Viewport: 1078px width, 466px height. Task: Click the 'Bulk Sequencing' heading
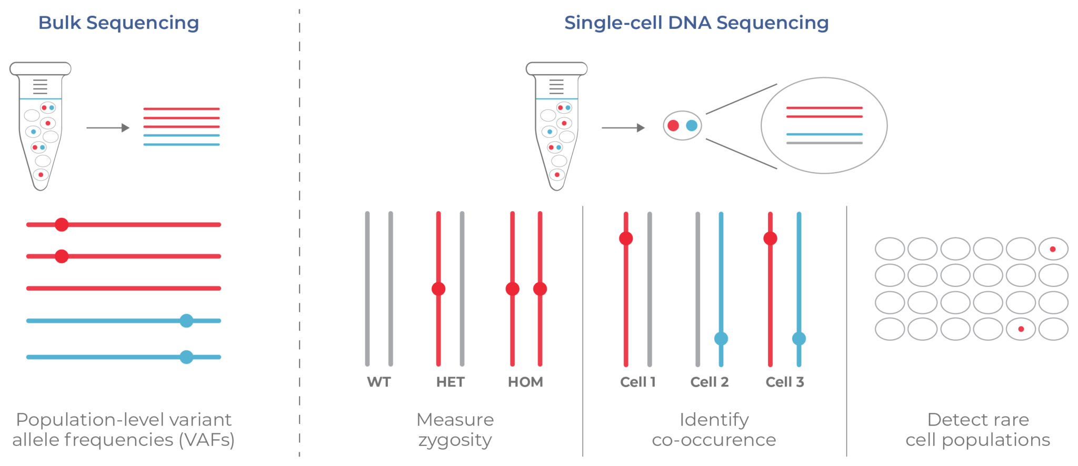pyautogui.click(x=118, y=23)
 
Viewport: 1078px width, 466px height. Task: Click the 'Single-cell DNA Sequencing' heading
pyautogui.click(x=696, y=23)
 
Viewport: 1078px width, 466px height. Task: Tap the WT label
pyautogui.click(x=379, y=382)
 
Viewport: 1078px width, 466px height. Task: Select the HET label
pyautogui.click(x=450, y=382)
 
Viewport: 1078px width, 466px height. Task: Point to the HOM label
pyautogui.click(x=525, y=382)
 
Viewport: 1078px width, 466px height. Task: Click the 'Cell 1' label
pyautogui.click(x=638, y=382)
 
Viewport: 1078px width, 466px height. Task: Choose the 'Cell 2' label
pyautogui.click(x=710, y=382)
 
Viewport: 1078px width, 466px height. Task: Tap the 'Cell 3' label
pyautogui.click(x=785, y=382)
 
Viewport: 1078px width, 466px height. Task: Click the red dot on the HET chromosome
pyautogui.click(x=438, y=289)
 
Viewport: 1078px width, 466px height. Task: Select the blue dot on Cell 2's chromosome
pyautogui.click(x=721, y=339)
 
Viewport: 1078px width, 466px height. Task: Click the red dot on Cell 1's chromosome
pyautogui.click(x=626, y=239)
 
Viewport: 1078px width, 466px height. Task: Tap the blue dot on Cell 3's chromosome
pyautogui.click(x=799, y=339)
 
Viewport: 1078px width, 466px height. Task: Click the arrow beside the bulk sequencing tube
pyautogui.click(x=108, y=127)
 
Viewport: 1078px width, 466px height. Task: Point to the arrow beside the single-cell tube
pyautogui.click(x=623, y=127)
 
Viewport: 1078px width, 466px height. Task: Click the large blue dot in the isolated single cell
pyautogui.click(x=692, y=125)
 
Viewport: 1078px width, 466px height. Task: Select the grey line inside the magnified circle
pyautogui.click(x=824, y=143)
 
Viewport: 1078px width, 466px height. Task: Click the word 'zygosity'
pyautogui.click(x=455, y=440)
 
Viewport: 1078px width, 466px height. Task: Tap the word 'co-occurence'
pyautogui.click(x=714, y=440)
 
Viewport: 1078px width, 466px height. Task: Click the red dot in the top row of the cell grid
pyautogui.click(x=1053, y=249)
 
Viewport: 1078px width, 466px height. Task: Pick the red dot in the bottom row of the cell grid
pyautogui.click(x=1021, y=329)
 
